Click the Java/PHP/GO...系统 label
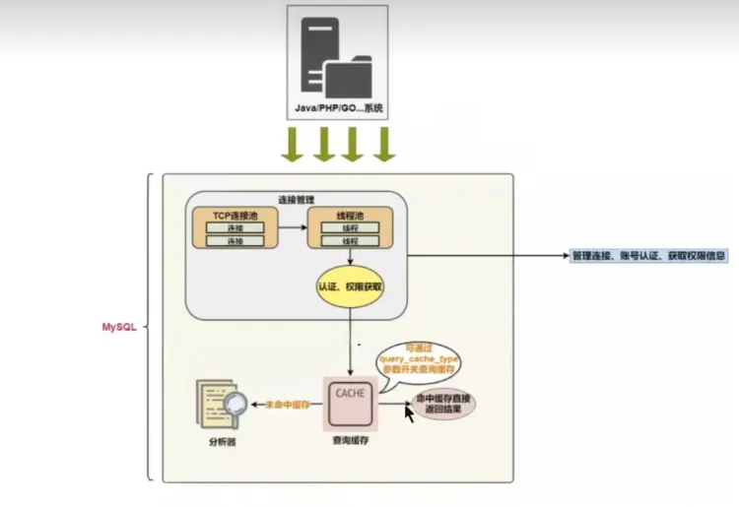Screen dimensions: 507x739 (x=337, y=106)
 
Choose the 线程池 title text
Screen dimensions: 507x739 (x=349, y=215)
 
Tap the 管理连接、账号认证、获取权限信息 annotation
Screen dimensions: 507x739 (x=649, y=255)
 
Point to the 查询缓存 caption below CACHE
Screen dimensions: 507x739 (x=351, y=443)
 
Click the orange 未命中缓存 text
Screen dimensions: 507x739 (x=282, y=405)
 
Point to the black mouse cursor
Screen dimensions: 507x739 (x=410, y=411)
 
